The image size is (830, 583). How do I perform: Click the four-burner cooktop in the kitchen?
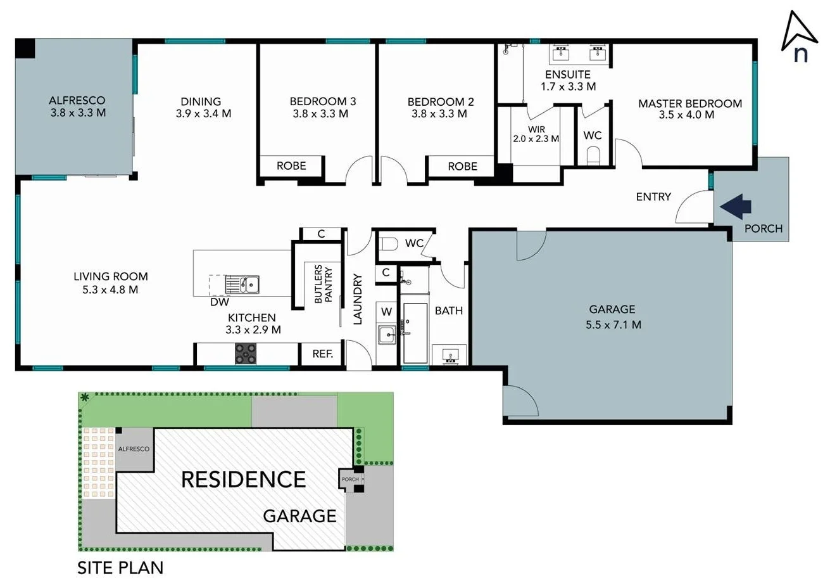pos(246,354)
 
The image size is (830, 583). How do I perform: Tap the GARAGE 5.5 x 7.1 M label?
pos(612,317)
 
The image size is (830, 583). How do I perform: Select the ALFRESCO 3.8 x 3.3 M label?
pos(77,106)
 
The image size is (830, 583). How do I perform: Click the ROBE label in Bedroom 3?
pos(291,166)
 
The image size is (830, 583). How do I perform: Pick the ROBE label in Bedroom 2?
pos(462,166)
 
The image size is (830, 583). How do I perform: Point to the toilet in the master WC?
pos(594,155)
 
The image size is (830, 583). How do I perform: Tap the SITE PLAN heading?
pos(120,567)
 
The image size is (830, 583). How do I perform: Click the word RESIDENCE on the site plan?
pos(243,479)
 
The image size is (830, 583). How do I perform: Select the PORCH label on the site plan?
pos(350,479)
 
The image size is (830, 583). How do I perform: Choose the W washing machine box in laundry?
pos(387,312)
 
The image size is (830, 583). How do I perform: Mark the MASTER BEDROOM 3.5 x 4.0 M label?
pos(689,109)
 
